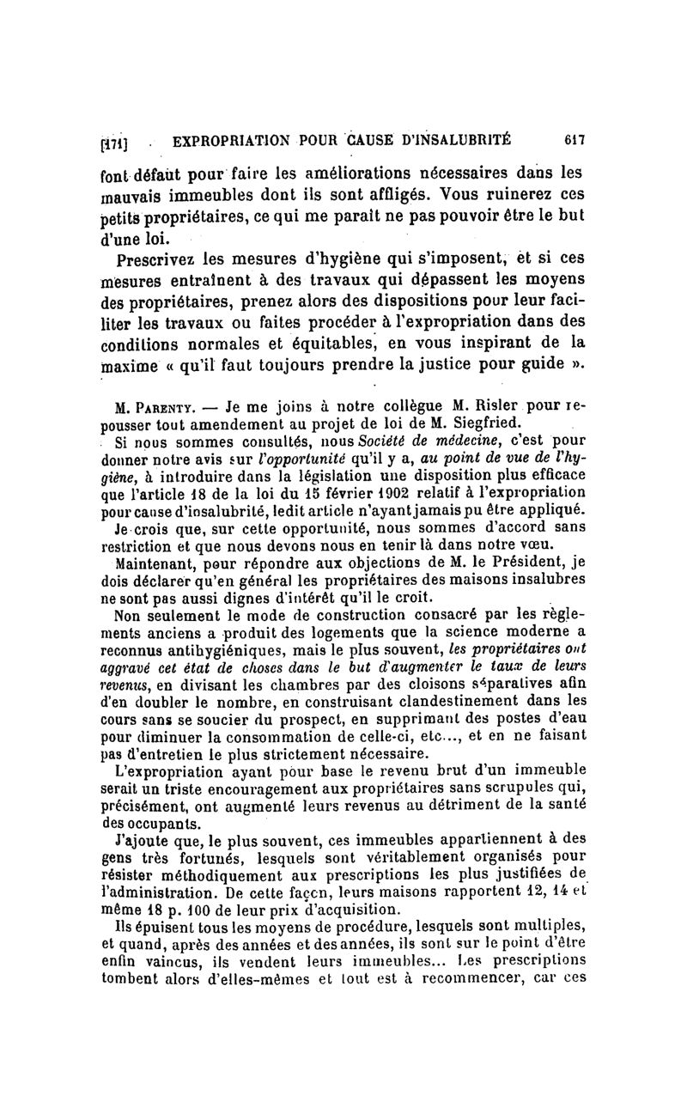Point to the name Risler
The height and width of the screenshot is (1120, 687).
coord(493,405)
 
